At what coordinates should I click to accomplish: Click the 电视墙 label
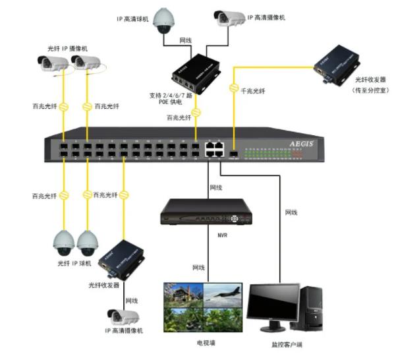(x=204, y=343)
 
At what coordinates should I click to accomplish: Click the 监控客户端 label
(x=288, y=344)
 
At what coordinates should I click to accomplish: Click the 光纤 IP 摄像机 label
(x=68, y=48)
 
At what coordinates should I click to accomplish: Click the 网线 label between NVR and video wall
(x=200, y=267)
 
